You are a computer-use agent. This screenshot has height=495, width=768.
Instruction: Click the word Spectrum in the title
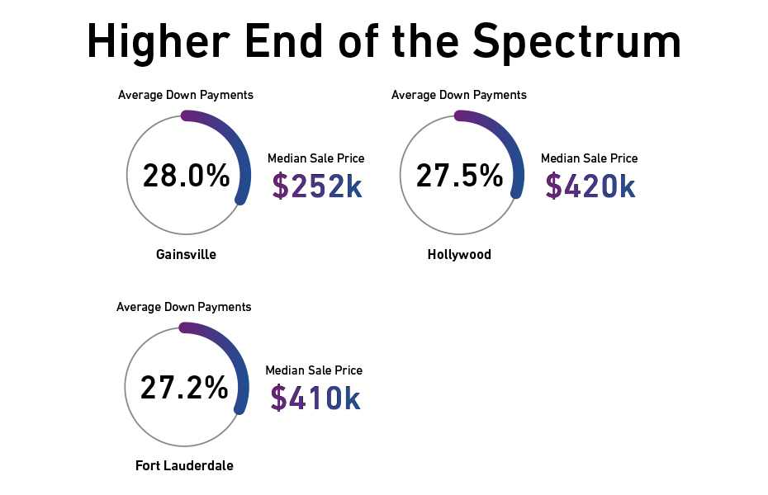tap(578, 41)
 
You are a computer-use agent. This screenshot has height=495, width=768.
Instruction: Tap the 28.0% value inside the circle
tap(186, 176)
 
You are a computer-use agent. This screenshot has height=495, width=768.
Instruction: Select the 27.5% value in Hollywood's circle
tap(459, 176)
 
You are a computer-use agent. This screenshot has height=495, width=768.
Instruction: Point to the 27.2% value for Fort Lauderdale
tap(184, 388)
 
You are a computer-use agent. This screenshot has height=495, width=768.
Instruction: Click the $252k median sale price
tap(317, 186)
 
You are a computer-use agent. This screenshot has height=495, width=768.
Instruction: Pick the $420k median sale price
tap(590, 186)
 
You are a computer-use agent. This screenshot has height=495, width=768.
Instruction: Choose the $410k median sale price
tap(315, 398)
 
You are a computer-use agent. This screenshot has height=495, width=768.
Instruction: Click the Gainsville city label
tap(186, 254)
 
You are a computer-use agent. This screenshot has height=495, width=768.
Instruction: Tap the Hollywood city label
tap(459, 254)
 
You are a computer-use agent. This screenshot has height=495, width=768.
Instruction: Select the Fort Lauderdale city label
tap(184, 466)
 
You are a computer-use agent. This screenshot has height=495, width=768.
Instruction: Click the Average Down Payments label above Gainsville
tap(186, 95)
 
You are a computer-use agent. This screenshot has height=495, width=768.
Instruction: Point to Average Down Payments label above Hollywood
tap(459, 95)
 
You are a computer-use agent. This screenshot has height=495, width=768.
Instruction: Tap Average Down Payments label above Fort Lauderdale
tap(184, 307)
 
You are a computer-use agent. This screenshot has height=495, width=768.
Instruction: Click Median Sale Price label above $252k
tap(315, 158)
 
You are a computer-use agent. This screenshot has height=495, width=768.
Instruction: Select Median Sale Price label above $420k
tap(589, 158)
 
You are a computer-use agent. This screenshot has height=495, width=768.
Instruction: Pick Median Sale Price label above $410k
tap(314, 370)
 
